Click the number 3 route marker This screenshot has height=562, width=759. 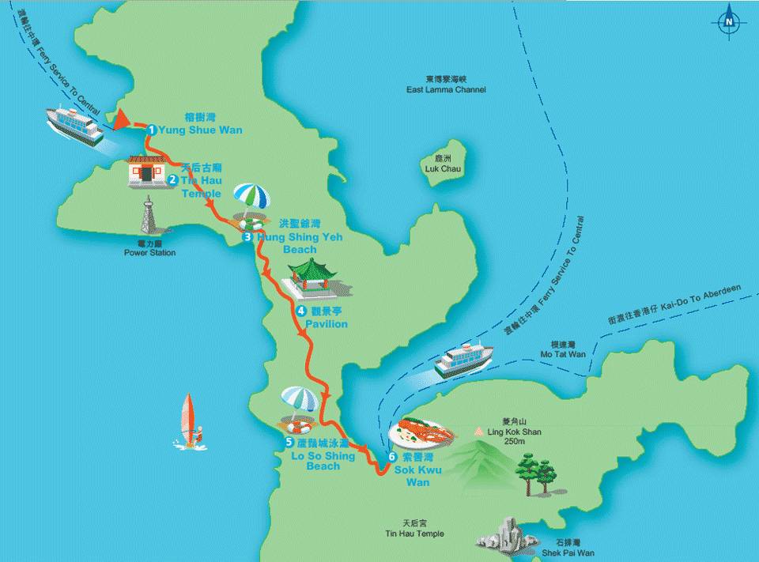(x=247, y=236)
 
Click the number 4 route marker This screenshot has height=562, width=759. (x=301, y=311)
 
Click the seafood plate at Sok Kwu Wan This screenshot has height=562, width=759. (x=422, y=433)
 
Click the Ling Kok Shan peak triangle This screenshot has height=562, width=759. (x=478, y=432)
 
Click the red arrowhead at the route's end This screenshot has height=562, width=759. (x=122, y=121)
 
